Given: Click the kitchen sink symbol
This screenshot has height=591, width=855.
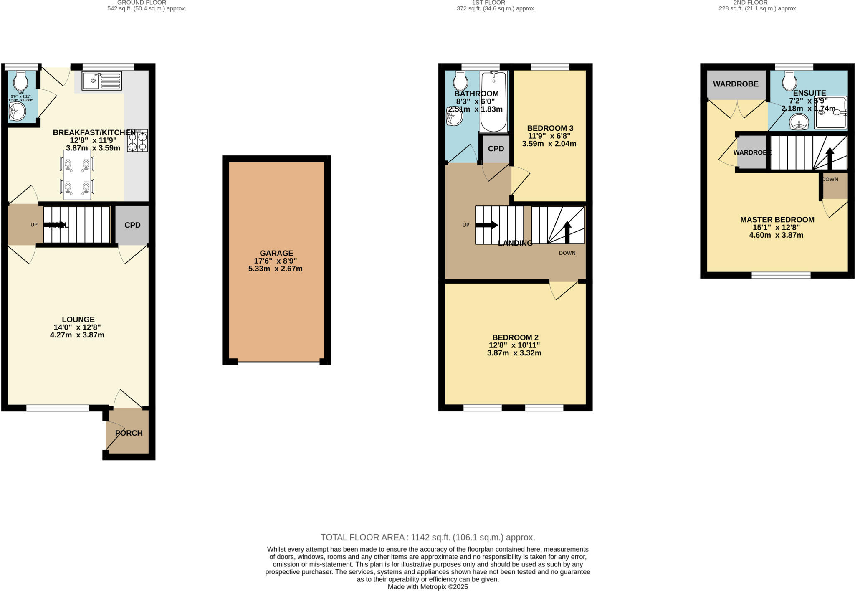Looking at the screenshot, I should pos(102,81).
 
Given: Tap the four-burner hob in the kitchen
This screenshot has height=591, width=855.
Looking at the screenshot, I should pos(137,141).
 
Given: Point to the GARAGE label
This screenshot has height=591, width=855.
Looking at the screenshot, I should pos(276,253).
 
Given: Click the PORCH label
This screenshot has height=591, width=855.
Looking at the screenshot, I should pos(129,433).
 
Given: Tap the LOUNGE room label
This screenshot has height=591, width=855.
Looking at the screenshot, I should pos(78,320).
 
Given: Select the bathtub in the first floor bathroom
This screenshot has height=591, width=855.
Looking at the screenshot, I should pos(493,101).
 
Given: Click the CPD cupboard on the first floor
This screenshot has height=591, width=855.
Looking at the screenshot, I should pos(496,149).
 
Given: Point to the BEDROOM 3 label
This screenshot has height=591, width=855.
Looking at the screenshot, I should pos(550,128).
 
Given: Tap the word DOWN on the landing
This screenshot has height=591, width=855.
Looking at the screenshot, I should pos(567,253).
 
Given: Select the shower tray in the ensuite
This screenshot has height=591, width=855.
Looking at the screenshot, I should pos(830,112).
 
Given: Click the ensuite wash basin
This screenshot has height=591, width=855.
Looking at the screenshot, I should pos(799,123).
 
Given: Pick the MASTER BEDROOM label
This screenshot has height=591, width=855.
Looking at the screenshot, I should pos(777,220).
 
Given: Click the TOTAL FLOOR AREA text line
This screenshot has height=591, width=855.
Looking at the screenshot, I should pos(427,538).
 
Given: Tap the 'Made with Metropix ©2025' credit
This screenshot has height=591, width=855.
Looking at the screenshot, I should pos(427,587).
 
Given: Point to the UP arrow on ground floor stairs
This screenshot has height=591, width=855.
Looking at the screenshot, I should pos(57,225).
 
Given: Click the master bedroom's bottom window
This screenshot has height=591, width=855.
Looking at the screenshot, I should pos(781,275).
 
